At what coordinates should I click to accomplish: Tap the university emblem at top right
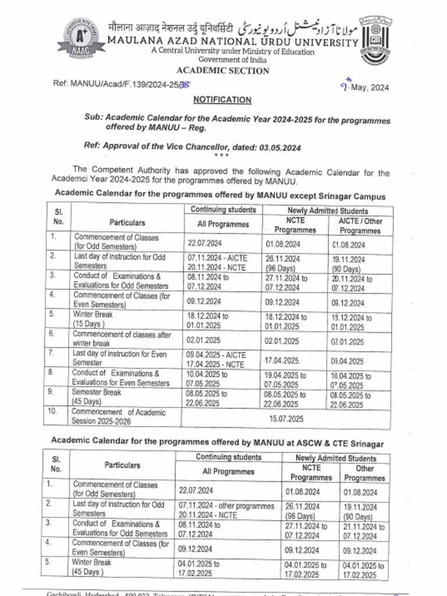(x=375, y=38)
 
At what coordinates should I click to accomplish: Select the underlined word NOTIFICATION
(x=222, y=100)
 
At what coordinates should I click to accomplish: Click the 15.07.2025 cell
(x=286, y=418)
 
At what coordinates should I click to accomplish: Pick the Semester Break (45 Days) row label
(x=98, y=398)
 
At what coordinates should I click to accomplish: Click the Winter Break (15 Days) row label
(x=93, y=318)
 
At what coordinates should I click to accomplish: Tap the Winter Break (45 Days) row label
(x=92, y=567)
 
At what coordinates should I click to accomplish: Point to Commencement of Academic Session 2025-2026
(x=119, y=417)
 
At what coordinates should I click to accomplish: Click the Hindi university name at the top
(x=171, y=27)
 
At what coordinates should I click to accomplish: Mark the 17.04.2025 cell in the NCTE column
(x=282, y=360)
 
